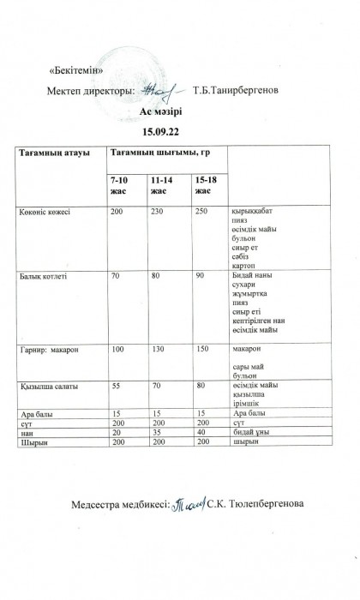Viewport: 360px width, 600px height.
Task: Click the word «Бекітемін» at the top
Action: [x=78, y=69]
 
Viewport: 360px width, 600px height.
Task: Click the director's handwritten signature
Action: [x=159, y=88]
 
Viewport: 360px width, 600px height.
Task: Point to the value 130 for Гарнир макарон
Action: [x=158, y=351]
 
